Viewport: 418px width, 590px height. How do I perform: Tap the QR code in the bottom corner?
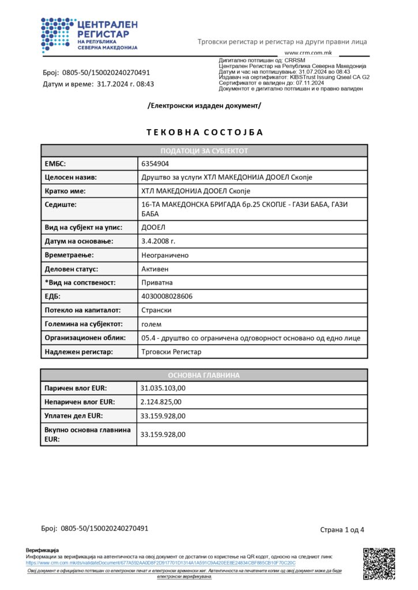[x=379, y=563]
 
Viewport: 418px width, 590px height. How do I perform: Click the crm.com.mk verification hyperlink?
[x=161, y=562]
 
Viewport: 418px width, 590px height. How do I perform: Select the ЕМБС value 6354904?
[x=155, y=164]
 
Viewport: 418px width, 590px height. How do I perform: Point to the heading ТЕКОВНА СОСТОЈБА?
[x=205, y=132]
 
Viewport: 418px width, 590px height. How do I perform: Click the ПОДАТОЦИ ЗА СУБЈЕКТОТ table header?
[x=204, y=150]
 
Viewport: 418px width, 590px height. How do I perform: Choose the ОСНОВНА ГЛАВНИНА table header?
[x=204, y=375]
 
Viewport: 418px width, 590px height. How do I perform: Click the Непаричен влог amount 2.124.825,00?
[x=161, y=402]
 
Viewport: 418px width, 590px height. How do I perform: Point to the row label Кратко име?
[x=65, y=191]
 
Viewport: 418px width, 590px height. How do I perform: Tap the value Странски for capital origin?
[x=156, y=310]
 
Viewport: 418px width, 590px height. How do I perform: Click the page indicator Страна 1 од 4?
[x=342, y=530]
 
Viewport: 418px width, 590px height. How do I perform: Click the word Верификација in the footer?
[x=42, y=550]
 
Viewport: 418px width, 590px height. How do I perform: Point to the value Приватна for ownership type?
[x=157, y=282]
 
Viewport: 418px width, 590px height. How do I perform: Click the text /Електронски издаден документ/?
[x=204, y=105]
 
